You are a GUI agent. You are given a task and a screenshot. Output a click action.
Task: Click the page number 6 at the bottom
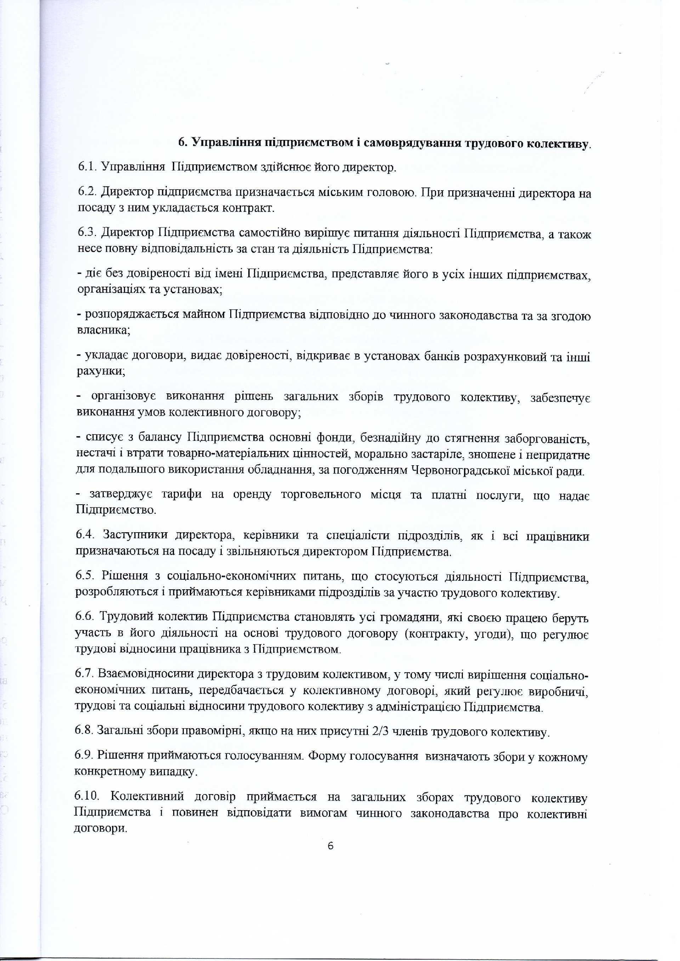pyautogui.click(x=330, y=845)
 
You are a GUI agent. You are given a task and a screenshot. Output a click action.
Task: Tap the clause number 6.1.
pyautogui.click(x=88, y=167)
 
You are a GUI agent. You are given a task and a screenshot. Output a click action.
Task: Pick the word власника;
pyautogui.click(x=104, y=330)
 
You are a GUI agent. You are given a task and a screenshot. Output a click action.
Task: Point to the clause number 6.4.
pyautogui.click(x=86, y=535)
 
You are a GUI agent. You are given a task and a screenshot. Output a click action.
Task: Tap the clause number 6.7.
pyautogui.click(x=85, y=674)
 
